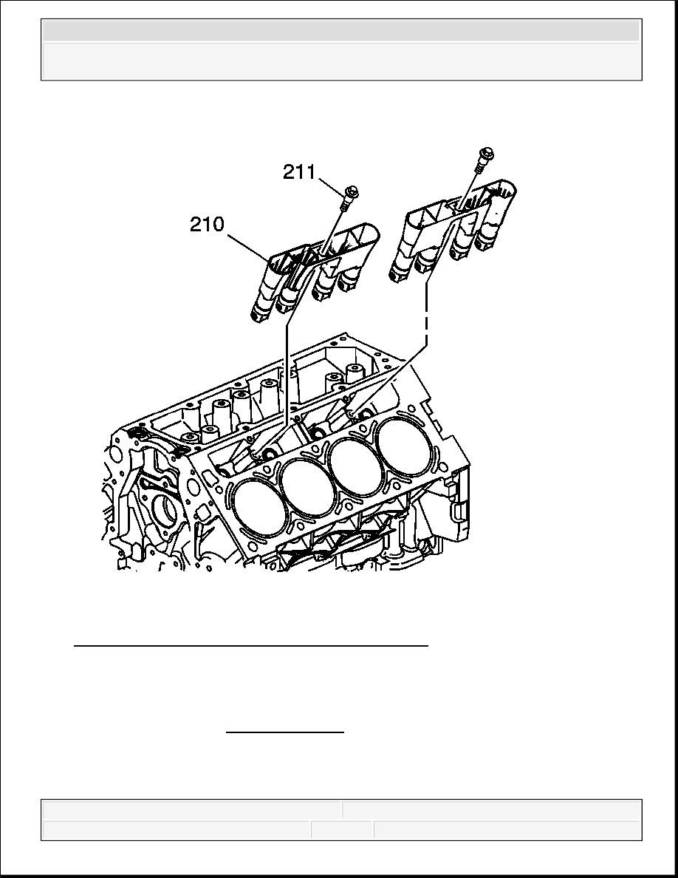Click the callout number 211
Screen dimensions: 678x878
299,172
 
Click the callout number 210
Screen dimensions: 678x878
207,225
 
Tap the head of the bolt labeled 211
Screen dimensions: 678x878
352,191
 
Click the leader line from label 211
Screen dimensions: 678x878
332,184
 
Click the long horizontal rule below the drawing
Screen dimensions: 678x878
251,646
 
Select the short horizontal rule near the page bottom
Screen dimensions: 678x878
285,731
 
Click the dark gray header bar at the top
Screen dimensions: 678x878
341,31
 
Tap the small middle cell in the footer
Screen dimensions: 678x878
343,830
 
